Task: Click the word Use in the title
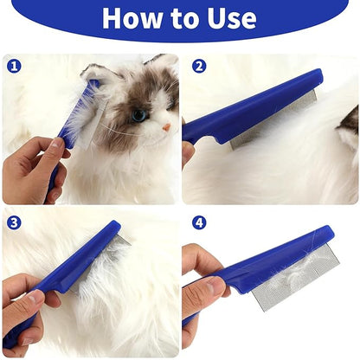(x=232, y=18)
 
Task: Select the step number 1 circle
(x=14, y=67)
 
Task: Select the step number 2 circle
(x=199, y=67)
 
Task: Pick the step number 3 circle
(x=14, y=222)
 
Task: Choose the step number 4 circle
(x=199, y=222)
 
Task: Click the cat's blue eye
(x=139, y=115)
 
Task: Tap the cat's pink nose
(x=166, y=127)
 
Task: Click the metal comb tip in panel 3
(x=125, y=239)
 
